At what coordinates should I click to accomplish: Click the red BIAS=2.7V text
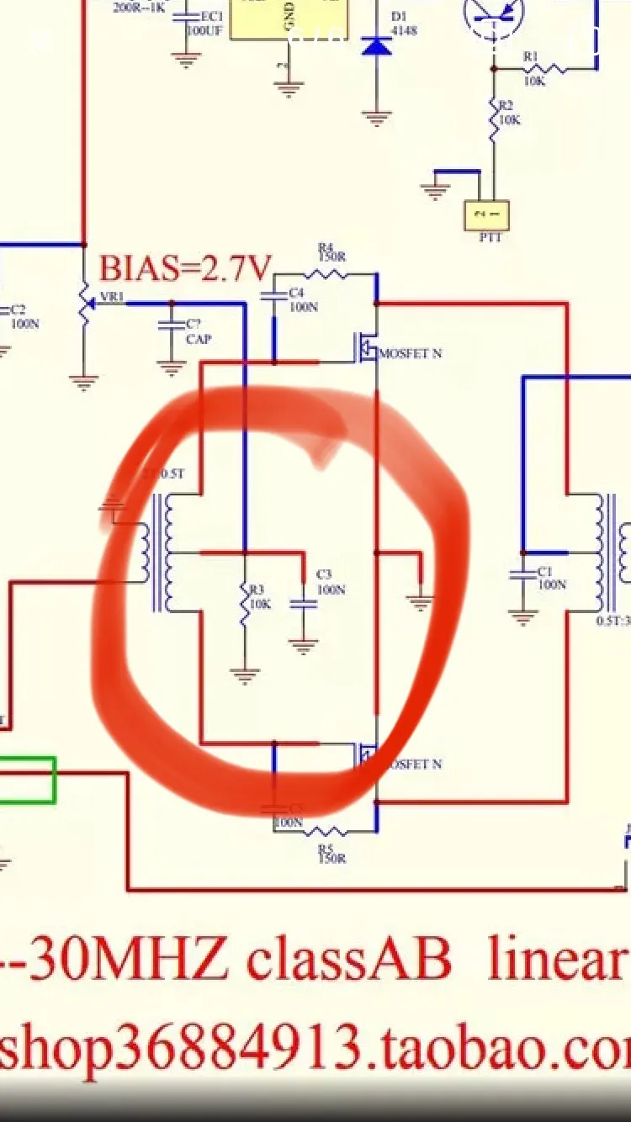point(186,268)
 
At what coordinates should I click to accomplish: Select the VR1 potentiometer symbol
point(83,304)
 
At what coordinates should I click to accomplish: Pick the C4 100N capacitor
point(273,295)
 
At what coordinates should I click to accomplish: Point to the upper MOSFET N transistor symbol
point(367,347)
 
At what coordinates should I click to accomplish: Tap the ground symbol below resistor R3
point(245,675)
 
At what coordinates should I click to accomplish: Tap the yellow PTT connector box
point(486,215)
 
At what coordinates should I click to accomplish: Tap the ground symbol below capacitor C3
point(303,646)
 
